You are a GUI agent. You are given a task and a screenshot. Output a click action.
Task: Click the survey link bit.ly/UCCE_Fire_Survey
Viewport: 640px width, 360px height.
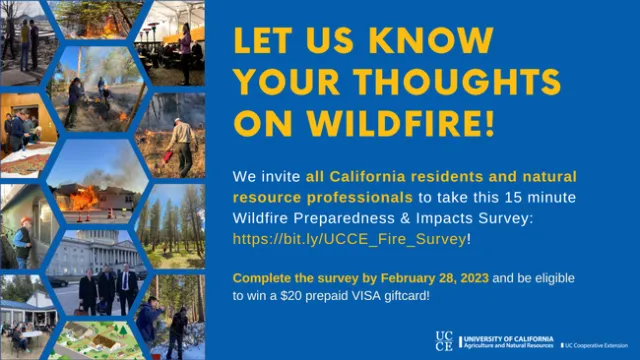348,240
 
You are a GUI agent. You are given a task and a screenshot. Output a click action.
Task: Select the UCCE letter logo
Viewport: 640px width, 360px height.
445,341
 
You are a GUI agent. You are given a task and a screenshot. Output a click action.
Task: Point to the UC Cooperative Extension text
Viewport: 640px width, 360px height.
599,343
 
